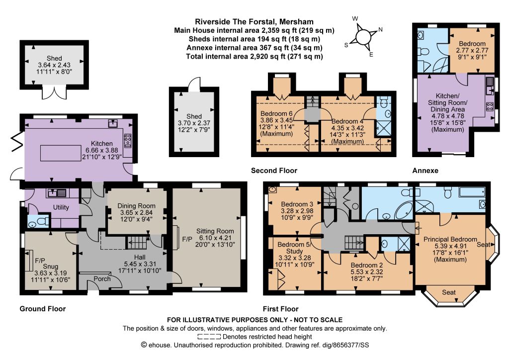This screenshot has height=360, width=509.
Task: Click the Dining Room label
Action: coord(136,206)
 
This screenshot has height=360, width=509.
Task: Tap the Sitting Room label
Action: coord(215,231)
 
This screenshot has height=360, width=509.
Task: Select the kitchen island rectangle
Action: coord(61,153)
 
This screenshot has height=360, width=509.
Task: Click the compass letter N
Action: coord(380,29)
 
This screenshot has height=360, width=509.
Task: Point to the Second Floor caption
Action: coord(274,171)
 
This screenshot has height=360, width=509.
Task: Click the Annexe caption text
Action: coord(425,171)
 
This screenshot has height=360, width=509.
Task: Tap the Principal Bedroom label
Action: coord(450,240)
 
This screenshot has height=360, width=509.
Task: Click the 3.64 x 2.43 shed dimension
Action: coord(54,65)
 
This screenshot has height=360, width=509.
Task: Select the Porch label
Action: coord(102,279)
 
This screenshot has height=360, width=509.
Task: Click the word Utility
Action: coord(61,207)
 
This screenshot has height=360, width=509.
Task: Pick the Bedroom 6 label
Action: coord(276,113)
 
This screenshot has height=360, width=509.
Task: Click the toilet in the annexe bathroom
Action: coord(424,52)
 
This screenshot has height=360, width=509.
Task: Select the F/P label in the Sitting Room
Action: coord(187,240)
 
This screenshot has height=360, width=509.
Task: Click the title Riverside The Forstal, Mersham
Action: coord(254,22)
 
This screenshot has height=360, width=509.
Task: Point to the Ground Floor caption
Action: coord(43,309)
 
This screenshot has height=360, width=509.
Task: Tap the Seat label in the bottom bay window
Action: coord(449,292)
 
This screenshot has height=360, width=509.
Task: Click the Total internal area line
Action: coord(254,57)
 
